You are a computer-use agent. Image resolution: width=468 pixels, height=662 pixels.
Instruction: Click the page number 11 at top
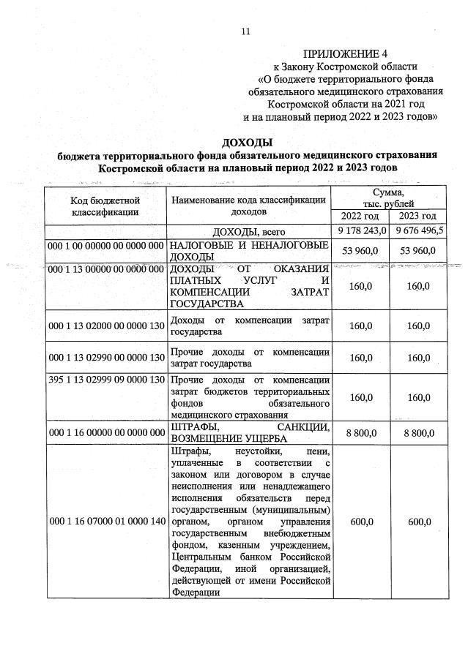click(245, 31)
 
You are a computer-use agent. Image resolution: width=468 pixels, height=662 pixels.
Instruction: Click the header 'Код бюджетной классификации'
click(105, 206)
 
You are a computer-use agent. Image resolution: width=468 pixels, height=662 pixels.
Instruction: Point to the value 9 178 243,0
click(359, 231)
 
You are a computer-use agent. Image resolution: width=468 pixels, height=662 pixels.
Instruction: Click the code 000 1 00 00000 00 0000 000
click(105, 245)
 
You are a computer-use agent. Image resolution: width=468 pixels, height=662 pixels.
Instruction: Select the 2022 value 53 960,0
click(359, 251)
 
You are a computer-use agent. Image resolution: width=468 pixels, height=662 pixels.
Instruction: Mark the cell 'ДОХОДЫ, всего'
click(248, 231)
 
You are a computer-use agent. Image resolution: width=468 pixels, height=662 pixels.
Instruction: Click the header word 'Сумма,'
click(387, 192)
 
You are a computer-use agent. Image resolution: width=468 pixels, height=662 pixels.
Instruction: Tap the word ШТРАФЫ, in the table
click(193, 426)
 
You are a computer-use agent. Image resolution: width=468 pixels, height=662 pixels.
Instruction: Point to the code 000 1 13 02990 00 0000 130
click(105, 358)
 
